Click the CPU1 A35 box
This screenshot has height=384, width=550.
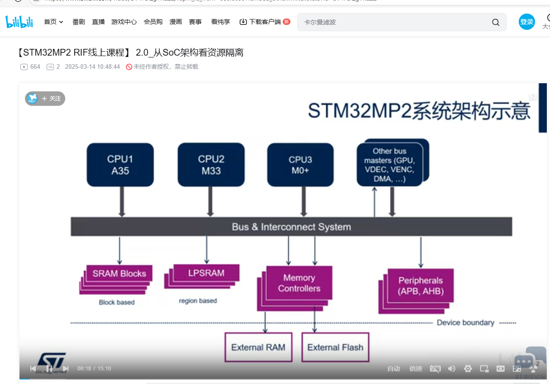tap(120, 165)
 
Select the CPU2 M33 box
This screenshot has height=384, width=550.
tap(211, 165)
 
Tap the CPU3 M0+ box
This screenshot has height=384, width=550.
tap(300, 165)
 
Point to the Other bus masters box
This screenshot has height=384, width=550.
tap(390, 165)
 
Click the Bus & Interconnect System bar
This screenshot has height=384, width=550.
tap(291, 227)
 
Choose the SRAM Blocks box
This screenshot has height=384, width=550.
tap(119, 274)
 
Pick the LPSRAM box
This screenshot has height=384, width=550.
tap(206, 273)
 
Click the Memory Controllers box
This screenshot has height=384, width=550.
tap(299, 283)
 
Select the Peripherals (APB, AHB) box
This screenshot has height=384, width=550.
tap(421, 286)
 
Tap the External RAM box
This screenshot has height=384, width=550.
tap(258, 347)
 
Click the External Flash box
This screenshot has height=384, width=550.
tap(335, 347)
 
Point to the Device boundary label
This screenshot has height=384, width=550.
tap(465, 322)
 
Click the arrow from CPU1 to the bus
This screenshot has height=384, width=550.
tap(121, 201)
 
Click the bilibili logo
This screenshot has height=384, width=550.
tap(19, 22)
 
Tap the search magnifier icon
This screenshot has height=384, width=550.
tap(496, 22)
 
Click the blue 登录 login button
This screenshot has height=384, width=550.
tap(527, 22)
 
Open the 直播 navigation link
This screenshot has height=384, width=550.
tap(98, 22)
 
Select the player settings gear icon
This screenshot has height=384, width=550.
tap(468, 369)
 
